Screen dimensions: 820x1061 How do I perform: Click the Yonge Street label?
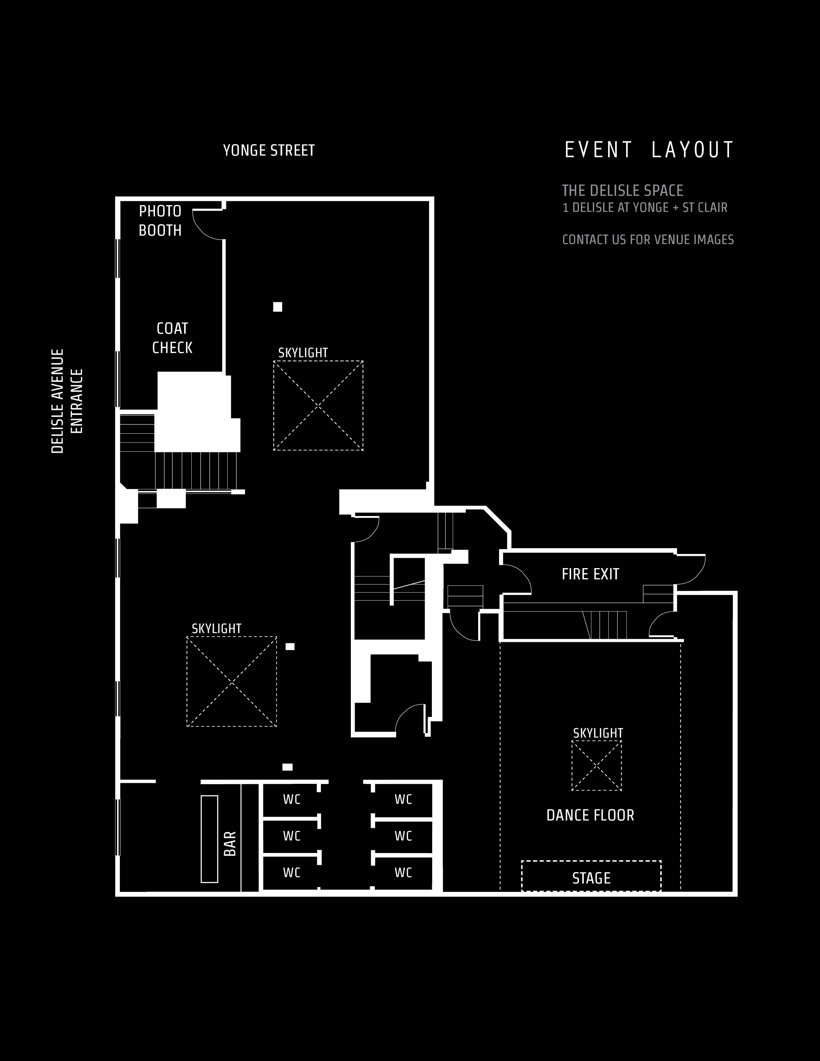click(x=269, y=150)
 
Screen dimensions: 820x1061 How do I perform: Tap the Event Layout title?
click(x=649, y=150)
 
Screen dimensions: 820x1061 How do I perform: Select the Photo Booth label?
click(x=160, y=221)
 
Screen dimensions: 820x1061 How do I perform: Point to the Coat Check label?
click(x=172, y=338)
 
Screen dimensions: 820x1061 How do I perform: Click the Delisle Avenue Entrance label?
click(x=67, y=401)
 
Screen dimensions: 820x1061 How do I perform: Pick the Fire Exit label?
click(x=590, y=574)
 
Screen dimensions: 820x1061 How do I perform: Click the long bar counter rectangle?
click(x=209, y=839)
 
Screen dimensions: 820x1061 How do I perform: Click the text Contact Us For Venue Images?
click(x=648, y=240)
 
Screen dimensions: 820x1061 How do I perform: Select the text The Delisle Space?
click(x=623, y=190)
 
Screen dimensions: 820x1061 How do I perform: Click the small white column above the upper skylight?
click(x=278, y=306)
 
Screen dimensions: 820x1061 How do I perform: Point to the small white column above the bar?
click(x=287, y=767)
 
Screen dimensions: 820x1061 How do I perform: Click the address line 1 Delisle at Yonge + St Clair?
click(x=645, y=208)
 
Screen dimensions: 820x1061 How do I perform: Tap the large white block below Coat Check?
click(x=197, y=412)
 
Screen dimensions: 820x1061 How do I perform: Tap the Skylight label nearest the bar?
click(x=217, y=629)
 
